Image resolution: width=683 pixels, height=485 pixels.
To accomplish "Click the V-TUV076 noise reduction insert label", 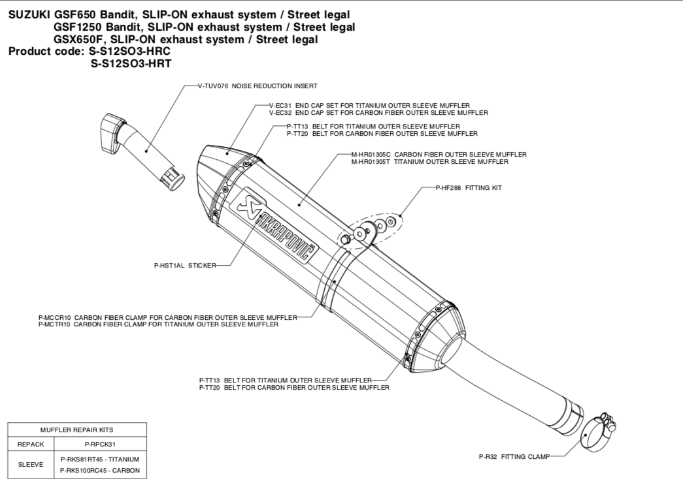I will [258, 86].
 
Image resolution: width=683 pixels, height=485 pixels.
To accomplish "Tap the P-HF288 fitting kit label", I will [469, 187].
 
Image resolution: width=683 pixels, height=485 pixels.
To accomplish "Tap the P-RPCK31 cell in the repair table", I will [100, 443].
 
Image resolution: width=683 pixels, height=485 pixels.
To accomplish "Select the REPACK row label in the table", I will [31, 443].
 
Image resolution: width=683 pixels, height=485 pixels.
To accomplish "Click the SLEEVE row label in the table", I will [31, 464].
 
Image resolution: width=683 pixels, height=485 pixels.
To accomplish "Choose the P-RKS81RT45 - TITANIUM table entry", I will [100, 459].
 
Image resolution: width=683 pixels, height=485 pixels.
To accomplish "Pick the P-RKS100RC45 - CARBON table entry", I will [100, 470].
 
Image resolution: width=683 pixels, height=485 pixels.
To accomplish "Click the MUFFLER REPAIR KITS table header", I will [77, 430].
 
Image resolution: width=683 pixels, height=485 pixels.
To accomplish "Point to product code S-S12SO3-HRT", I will [131, 63].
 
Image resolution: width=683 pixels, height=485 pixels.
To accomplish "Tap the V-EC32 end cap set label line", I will [378, 113].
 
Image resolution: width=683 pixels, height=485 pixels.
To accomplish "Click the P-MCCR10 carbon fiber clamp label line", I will [167, 317].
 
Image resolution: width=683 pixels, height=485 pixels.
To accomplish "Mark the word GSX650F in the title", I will [76, 39].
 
